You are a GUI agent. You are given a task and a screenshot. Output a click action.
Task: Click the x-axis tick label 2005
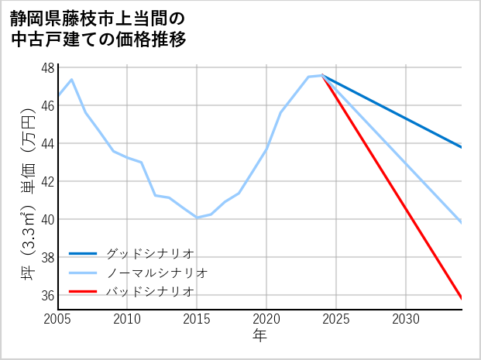[58, 319]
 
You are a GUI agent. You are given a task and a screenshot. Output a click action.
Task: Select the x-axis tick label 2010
[127, 319]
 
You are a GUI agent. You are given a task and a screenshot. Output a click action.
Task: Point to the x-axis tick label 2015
[197, 319]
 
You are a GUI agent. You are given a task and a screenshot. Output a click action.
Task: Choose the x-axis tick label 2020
[266, 319]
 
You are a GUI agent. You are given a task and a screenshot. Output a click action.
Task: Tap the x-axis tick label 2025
[336, 319]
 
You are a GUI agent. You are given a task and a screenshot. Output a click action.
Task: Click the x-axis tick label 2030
[406, 319]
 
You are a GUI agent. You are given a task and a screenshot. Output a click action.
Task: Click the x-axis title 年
[259, 336]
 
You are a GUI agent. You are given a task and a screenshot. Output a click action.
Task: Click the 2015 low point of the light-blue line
[197, 218]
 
